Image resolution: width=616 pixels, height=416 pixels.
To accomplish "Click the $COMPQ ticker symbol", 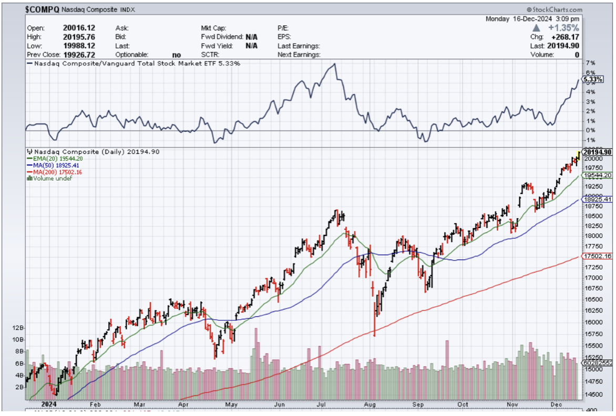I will click(44, 9).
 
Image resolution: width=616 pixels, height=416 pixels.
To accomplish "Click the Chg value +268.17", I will click(566, 37).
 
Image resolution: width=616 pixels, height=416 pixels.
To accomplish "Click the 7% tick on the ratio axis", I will click(590, 63).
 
